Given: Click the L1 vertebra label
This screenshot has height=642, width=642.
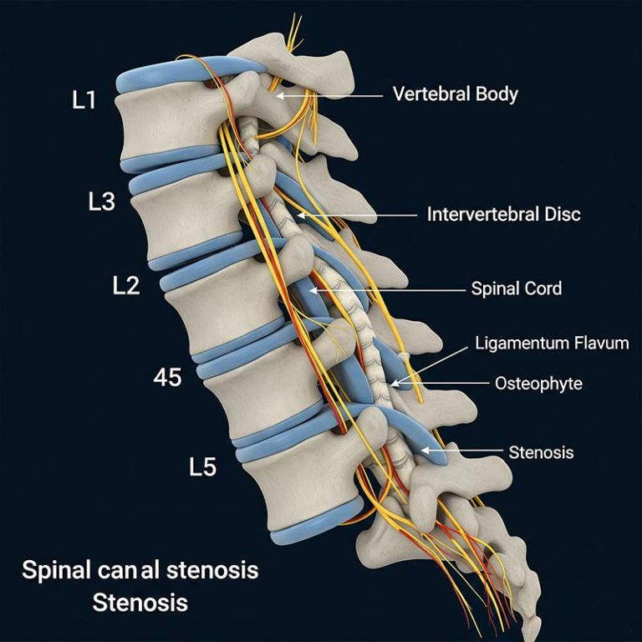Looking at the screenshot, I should coord(84,101).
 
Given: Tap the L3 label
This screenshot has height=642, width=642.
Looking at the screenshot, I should coord(101,202).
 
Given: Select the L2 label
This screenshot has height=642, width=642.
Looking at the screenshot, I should coord(125,285).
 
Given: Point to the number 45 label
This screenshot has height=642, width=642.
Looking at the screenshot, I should coord(167,377).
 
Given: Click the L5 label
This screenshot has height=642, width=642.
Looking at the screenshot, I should coord(201,466).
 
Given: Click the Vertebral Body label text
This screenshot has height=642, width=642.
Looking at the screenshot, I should coord(455,94).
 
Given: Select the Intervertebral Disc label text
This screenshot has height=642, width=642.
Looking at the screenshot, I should coord(503,215).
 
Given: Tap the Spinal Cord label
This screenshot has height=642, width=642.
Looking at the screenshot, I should coord(516,289).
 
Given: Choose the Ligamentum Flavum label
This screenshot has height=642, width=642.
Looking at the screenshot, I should coord(551,343).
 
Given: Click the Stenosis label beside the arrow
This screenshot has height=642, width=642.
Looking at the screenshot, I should coord(541,452).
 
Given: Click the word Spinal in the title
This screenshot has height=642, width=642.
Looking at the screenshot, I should coord(56,572).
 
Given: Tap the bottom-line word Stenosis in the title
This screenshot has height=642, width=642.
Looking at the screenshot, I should coord(140,602).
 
